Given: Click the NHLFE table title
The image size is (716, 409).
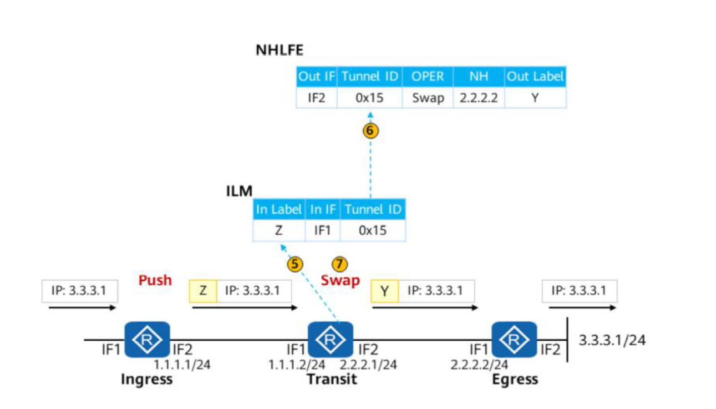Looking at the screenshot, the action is coord(279,50).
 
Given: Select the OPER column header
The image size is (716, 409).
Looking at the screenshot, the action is coord(427,76).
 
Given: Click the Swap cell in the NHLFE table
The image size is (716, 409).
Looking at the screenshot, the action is coord(428,98).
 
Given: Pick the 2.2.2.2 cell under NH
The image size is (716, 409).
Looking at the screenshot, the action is coord(478,98).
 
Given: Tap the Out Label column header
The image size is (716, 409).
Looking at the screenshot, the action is coord(535,76).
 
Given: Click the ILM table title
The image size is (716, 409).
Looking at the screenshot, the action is coord(239,191).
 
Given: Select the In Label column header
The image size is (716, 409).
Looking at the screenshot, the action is coord(279,209).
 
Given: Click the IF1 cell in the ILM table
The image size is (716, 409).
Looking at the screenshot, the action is coord(322,230).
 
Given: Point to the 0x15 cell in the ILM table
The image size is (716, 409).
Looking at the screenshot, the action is coord(373,230).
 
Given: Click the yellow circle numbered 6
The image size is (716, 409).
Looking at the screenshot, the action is coord(371,131).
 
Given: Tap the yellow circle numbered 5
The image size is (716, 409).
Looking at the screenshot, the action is coord(295,265).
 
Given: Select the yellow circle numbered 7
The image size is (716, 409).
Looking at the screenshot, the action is coord(340,264).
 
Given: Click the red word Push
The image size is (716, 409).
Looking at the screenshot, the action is coord(155,280).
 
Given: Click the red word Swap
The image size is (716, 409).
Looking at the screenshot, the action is coord(340,281).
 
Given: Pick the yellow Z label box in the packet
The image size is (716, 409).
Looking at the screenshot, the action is coord(203,291).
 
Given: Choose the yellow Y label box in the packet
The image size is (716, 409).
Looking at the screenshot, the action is coord(385,291).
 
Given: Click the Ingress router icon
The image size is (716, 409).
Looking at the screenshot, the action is coord(147,339).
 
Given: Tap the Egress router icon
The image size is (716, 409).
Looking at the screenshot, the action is coord(514,339).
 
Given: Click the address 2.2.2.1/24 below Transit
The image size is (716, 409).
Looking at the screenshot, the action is coord(368,364).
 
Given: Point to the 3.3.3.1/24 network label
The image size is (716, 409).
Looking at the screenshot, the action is coord(612,340).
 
